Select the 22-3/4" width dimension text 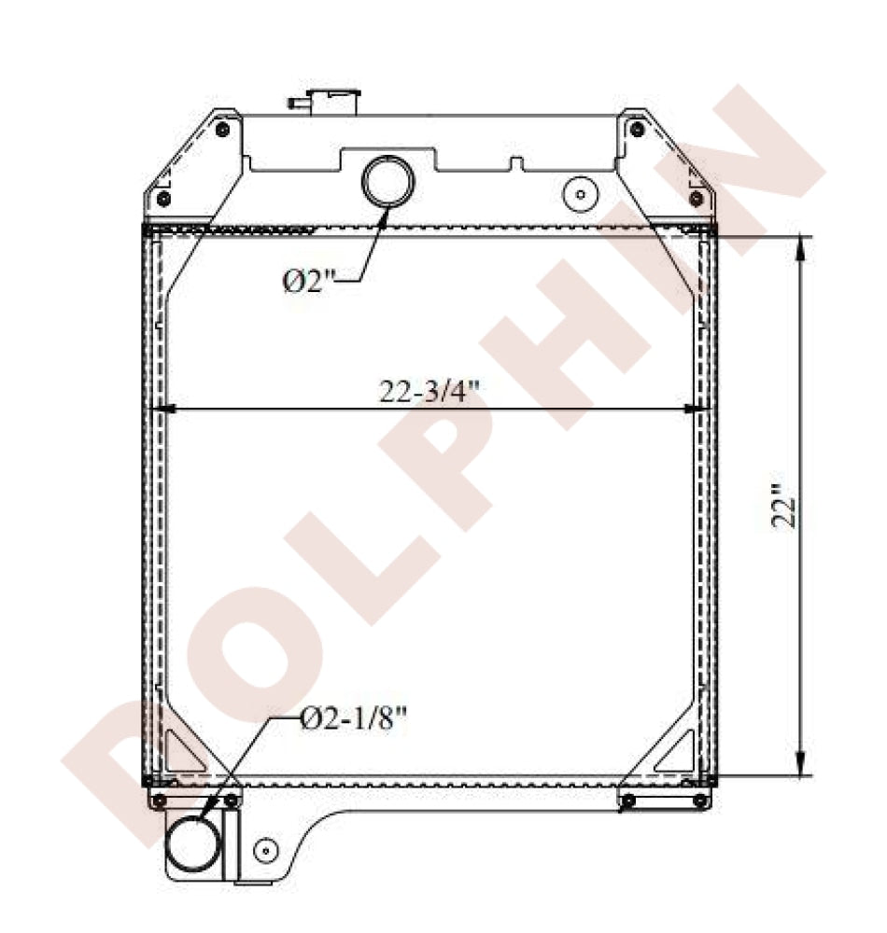429,392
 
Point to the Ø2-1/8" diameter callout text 355,718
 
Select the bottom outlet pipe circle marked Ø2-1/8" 194,845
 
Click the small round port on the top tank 581,194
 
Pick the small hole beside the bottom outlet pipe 266,850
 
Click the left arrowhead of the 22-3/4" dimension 160,409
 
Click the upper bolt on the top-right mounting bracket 637,129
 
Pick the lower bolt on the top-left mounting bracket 163,199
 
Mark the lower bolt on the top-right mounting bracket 696,198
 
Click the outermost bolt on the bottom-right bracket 699,801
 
